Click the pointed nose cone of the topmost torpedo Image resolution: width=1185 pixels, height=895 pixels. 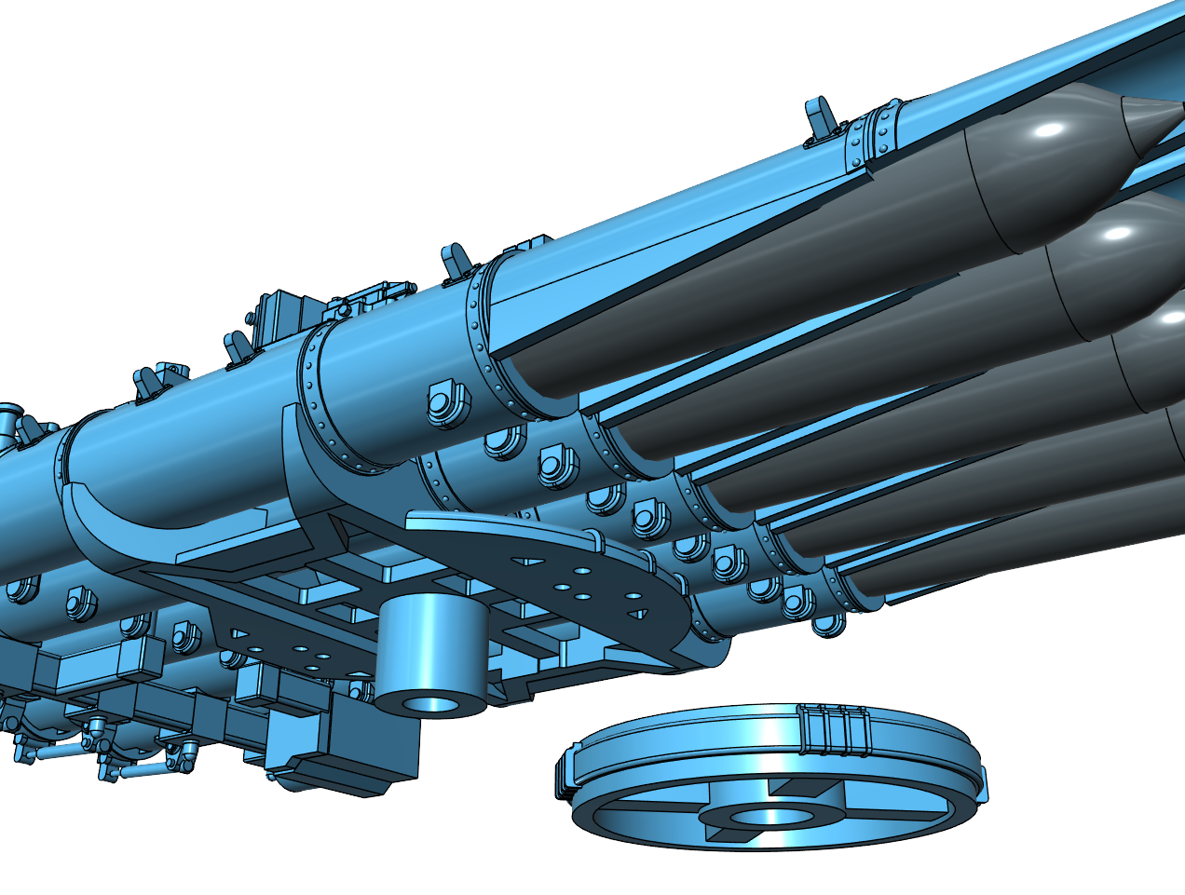pos(1149,122)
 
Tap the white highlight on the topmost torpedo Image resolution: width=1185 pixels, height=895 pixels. pos(1047,129)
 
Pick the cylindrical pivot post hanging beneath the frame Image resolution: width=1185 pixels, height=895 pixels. pos(429,652)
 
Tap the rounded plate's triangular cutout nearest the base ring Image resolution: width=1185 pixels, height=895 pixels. pos(639,612)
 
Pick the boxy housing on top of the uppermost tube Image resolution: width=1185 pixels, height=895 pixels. pos(279,312)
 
